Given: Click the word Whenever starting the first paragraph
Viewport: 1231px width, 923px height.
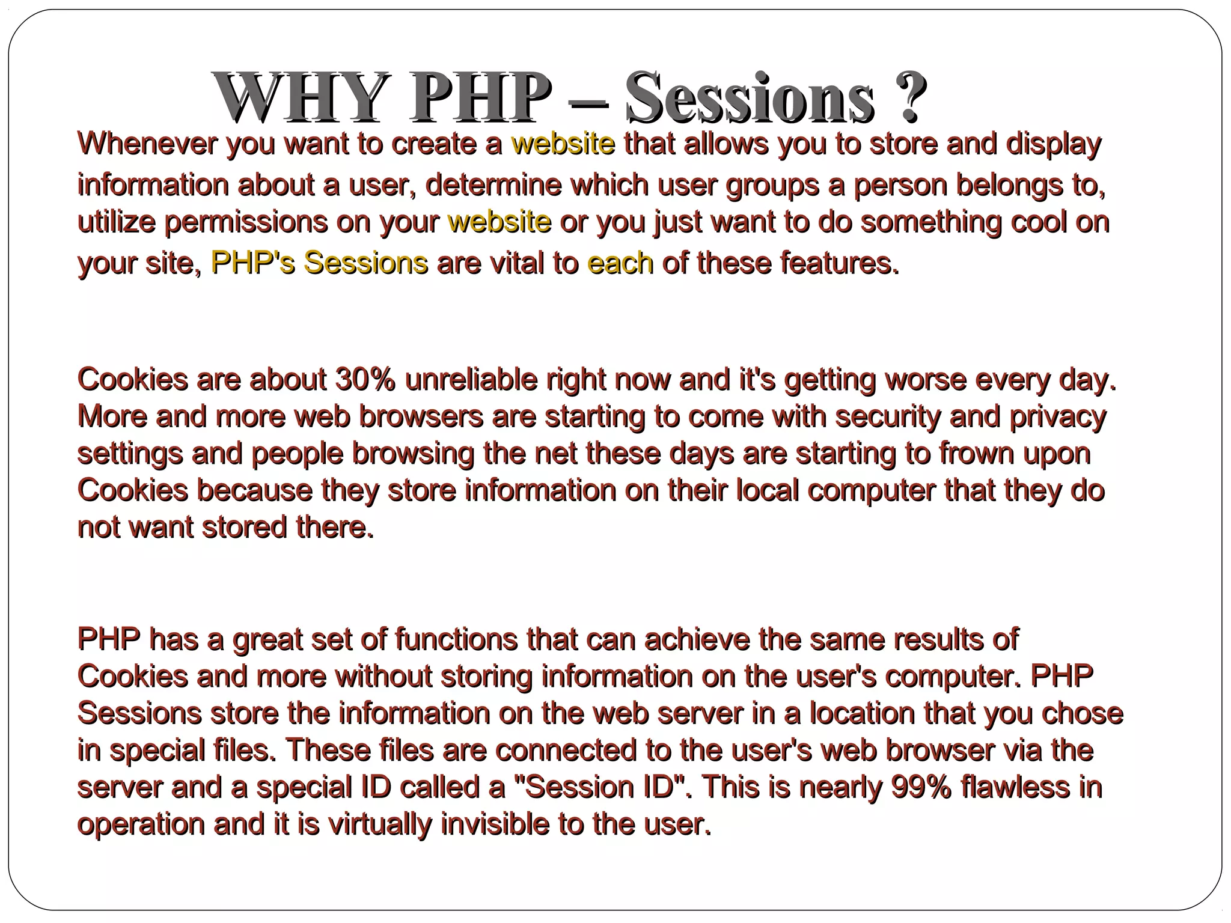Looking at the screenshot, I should pos(147,144).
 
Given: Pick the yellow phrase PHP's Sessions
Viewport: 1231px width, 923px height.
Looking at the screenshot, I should pos(319,263).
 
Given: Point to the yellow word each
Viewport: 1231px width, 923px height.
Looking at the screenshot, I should pos(620,263).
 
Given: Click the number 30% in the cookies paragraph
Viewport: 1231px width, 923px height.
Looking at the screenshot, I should pos(365,380).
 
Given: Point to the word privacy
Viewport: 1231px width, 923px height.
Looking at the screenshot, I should pos(1058,417).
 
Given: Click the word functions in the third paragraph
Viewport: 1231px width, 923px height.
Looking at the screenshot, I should pos(456,639).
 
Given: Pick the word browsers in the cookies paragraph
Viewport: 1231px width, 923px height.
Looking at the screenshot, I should pos(421,417).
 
